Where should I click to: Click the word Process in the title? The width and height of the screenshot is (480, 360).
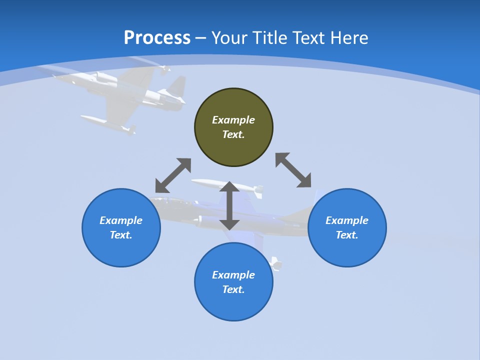pyautogui.click(x=157, y=38)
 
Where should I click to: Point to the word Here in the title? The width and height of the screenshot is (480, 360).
pyautogui.click(x=349, y=38)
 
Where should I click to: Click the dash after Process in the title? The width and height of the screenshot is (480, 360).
pyautogui.click(x=201, y=38)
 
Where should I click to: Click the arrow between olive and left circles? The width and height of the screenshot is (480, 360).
pyautogui.click(x=173, y=175)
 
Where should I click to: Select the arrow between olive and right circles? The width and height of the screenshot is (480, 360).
pyautogui.click(x=293, y=170)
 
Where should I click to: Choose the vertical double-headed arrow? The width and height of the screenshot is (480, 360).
pyautogui.click(x=229, y=205)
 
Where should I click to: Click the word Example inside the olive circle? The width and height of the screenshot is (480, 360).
pyautogui.click(x=233, y=120)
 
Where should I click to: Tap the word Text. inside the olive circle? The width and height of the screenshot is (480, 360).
pyautogui.click(x=233, y=134)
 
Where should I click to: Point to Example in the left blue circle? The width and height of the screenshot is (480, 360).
pyautogui.click(x=121, y=220)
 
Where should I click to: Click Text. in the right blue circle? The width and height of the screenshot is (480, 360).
pyautogui.click(x=347, y=235)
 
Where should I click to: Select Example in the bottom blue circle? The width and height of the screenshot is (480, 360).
pyautogui.click(x=233, y=275)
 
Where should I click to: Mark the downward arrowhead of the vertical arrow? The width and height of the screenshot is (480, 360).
pyautogui.click(x=229, y=224)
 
